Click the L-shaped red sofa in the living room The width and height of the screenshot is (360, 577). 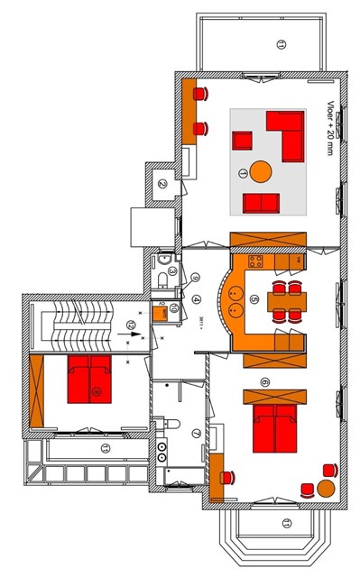289,135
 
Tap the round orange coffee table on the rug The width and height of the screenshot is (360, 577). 261,170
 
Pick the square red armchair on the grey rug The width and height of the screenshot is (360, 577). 242,141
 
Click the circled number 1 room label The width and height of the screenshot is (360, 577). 242,171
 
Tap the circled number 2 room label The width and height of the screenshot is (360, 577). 162,185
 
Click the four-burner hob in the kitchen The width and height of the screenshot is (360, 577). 255,262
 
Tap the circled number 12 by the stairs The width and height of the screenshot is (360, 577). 132,323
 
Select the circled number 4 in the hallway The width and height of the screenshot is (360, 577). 198,299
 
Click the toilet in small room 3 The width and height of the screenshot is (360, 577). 162,282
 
